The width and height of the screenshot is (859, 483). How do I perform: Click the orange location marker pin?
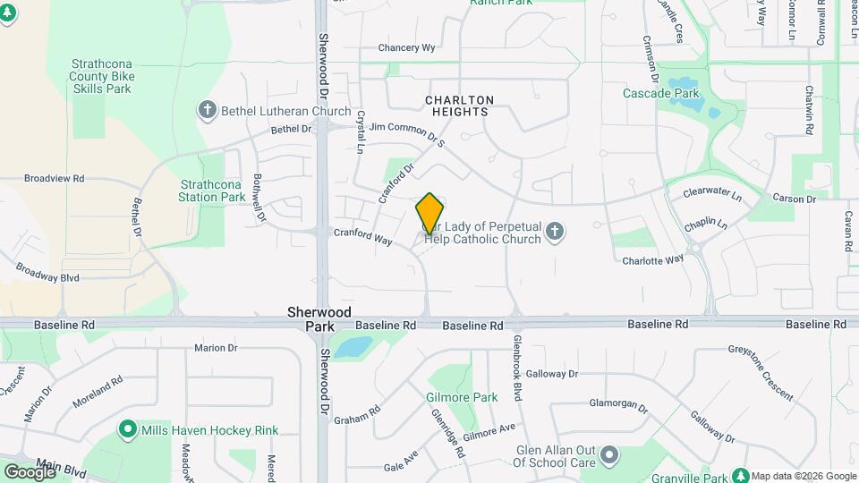429,214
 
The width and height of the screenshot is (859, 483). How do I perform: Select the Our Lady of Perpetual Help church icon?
555,233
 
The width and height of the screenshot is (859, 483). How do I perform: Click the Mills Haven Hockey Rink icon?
128,430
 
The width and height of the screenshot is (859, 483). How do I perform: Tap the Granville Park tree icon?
740,475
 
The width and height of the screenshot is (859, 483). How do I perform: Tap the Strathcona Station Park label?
211,191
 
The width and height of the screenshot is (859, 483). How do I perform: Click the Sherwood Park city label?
310,319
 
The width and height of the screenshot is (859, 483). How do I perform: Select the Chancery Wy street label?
406,47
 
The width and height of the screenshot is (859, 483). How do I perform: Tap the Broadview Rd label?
54,179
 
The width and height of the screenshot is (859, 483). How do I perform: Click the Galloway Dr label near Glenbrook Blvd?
552,374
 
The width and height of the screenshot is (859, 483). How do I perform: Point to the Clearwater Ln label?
712,194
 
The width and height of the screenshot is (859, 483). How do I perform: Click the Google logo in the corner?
30,471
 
